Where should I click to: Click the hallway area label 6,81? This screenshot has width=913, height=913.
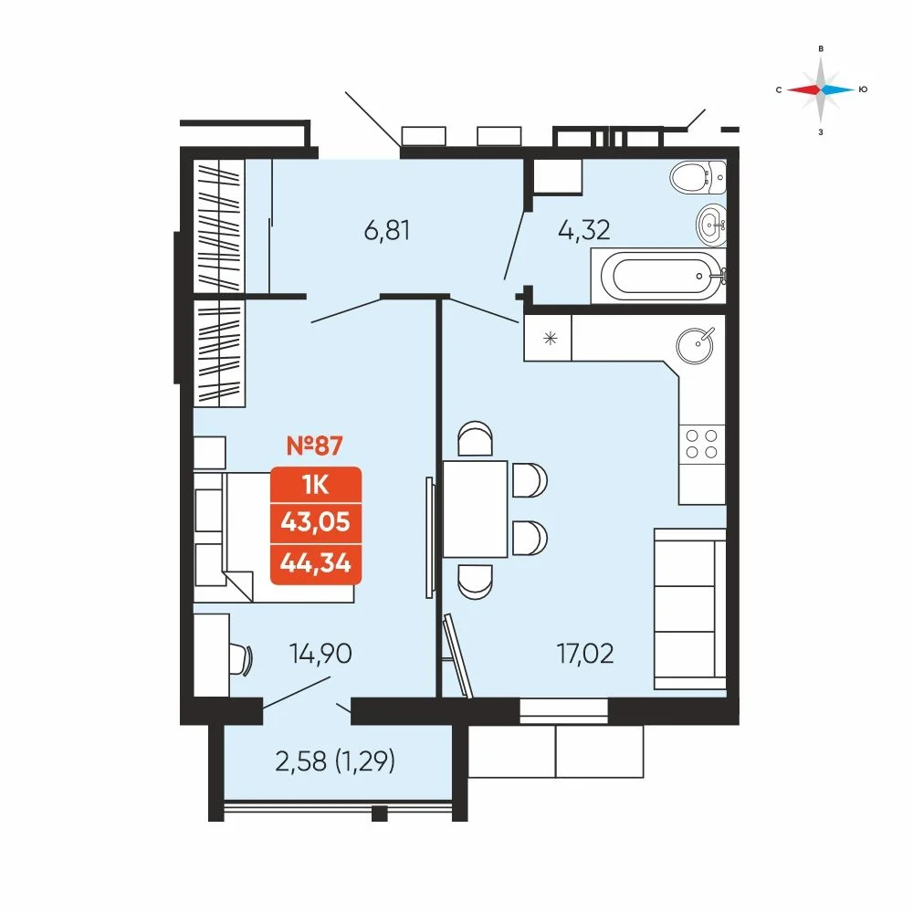pos(386,231)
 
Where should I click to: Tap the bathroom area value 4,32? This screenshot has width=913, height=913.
pos(584,231)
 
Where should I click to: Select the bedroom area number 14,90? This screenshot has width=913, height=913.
pos(320,654)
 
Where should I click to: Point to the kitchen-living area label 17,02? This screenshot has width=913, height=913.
pos(585,654)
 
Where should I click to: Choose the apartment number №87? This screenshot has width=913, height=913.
pos(315,446)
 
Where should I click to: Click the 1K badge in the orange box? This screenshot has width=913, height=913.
pos(316,485)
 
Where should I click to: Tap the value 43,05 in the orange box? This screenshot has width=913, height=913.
pos(316,522)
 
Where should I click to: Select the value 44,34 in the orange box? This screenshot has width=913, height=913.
pos(316,563)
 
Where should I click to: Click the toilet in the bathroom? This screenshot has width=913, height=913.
pos(698,177)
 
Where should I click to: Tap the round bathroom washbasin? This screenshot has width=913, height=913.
pos(711,225)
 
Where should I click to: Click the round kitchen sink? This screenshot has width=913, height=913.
pos(695,346)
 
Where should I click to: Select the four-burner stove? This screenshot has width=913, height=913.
pos(701,444)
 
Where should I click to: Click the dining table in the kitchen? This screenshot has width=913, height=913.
pos(475,509)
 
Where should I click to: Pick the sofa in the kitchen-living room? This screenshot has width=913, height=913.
pos(690,609)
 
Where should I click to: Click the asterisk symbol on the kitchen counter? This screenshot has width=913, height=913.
pos(550,339)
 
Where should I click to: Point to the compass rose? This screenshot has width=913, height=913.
pos(821,89)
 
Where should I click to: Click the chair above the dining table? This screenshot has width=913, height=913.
pos(475,438)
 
